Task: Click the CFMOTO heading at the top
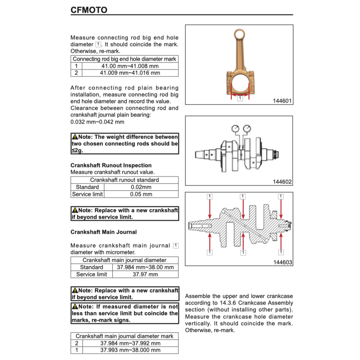click(89, 10)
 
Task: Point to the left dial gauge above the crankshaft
click(236, 129)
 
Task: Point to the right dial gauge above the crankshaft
click(247, 129)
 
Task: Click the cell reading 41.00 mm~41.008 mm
click(130, 66)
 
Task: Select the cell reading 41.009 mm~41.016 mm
click(130, 73)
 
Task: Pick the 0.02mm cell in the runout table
click(141, 187)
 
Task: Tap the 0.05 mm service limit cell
click(141, 194)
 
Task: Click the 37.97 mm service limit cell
click(145, 274)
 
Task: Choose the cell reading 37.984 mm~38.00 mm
click(145, 267)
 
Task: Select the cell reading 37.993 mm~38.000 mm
click(130, 350)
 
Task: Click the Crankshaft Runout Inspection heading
click(111, 165)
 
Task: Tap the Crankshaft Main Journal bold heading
click(103, 232)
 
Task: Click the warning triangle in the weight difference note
click(75, 137)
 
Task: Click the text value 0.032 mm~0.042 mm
click(97, 122)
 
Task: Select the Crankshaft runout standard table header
click(124, 180)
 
